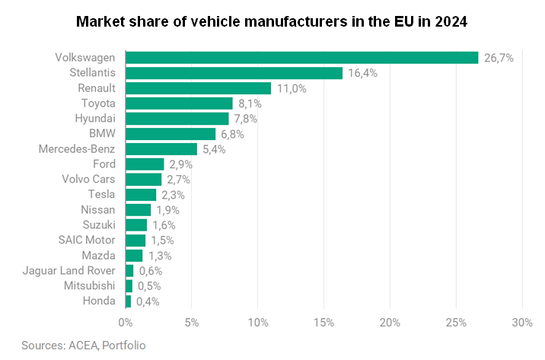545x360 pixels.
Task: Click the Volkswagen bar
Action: pos(302,58)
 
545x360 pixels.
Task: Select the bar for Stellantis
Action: pos(234,73)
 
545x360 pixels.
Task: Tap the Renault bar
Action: pos(199,88)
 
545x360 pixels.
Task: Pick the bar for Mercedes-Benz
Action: pos(161,149)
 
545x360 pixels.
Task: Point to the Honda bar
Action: pos(128,301)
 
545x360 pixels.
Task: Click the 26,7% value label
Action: pos(499,58)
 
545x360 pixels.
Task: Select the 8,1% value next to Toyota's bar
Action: pos(250,104)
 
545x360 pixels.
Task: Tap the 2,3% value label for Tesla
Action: pos(173,195)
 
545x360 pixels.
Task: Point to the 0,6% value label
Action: pos(151,271)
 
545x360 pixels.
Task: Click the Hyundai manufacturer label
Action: pos(95,119)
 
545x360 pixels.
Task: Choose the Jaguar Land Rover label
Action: pos(69,271)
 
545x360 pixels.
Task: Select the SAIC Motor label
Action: pos(87,240)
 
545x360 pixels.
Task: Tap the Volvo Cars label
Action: pos(88,180)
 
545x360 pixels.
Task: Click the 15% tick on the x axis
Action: pos(324,323)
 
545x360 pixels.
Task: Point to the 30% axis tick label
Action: pos(522,323)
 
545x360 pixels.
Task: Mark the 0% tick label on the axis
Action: pos(126,323)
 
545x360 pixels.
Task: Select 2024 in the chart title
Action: pos(451,22)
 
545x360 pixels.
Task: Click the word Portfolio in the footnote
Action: pos(124,346)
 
